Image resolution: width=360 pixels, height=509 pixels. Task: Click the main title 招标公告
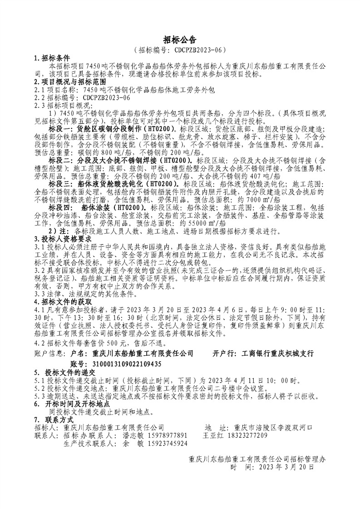(x=180, y=40)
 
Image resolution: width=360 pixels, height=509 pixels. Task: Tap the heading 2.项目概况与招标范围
(x=70, y=82)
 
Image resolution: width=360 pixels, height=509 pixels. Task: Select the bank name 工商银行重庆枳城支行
(x=277, y=352)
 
